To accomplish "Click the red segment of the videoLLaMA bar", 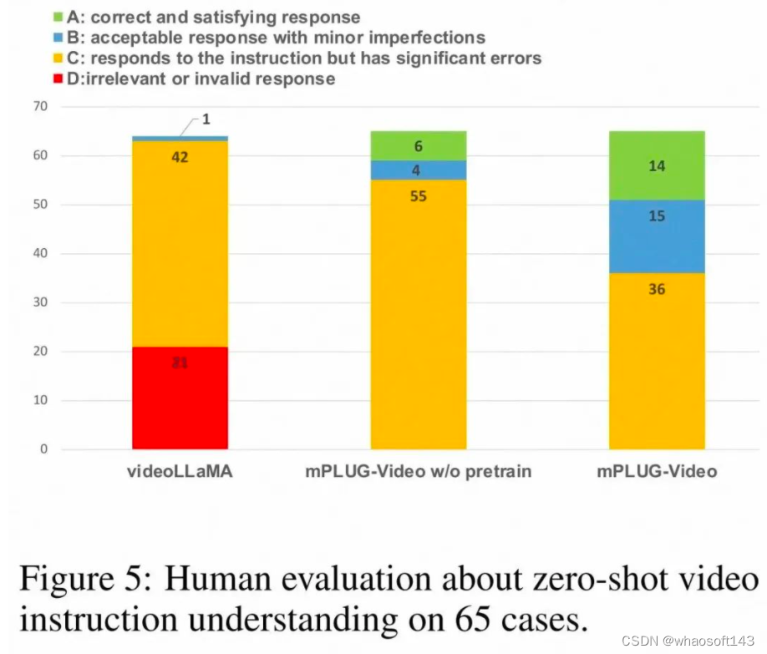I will [180, 398].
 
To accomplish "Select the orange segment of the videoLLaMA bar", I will [180, 242].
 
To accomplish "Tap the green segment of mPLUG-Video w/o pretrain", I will [418, 146].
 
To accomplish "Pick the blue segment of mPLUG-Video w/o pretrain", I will [418, 170].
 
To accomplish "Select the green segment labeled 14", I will [657, 165].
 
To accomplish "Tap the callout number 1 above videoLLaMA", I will [206, 120].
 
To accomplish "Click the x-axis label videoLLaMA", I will [180, 472].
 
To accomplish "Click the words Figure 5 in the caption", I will [81, 579].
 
